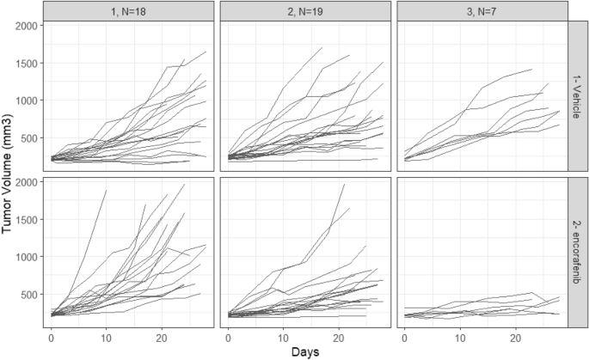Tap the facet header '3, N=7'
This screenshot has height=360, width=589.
pyautogui.click(x=482, y=9)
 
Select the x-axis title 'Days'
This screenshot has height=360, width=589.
pyautogui.click(x=305, y=351)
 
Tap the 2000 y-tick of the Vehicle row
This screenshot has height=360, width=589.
pyautogui.click(x=26, y=26)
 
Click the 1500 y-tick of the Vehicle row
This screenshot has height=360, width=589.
pyautogui.click(x=26, y=63)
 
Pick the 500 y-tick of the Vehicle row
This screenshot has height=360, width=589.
pyautogui.click(x=28, y=137)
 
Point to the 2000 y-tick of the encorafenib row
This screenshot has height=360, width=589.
pyautogui.click(x=26, y=182)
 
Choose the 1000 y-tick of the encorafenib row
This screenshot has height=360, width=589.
pyautogui.click(x=26, y=257)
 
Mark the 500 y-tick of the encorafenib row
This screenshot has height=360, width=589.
pyautogui.click(x=28, y=295)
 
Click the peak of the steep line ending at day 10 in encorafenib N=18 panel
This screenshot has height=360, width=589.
pyautogui.click(x=106, y=191)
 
